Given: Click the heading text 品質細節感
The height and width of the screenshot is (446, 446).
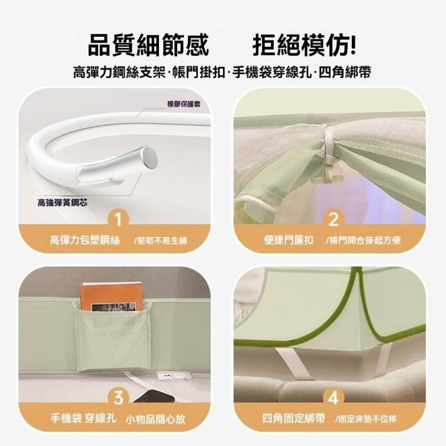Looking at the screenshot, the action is pyautogui.click(x=148, y=45).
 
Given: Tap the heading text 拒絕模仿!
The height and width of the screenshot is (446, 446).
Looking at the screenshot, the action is pyautogui.click(x=304, y=45).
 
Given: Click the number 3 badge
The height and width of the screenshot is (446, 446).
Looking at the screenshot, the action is pyautogui.click(x=118, y=398).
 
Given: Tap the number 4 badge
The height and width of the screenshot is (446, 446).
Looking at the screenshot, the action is pyautogui.click(x=333, y=398).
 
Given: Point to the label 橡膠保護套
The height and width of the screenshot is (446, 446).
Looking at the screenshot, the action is pyautogui.click(x=184, y=104).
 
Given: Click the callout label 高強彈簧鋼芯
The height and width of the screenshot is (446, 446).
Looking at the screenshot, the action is pyautogui.click(x=63, y=203).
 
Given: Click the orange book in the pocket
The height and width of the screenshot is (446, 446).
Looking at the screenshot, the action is pyautogui.click(x=111, y=296).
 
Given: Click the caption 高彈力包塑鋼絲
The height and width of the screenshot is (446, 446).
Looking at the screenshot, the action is pyautogui.click(x=85, y=240).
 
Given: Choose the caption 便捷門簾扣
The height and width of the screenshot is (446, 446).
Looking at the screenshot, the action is pyautogui.click(x=289, y=240).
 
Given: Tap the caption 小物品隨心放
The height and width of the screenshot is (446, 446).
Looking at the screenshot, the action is pyautogui.click(x=155, y=419).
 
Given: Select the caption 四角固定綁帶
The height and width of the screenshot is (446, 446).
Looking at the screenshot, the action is pyautogui.click(x=293, y=418).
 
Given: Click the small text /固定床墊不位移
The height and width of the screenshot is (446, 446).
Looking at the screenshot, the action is pyautogui.click(x=366, y=419).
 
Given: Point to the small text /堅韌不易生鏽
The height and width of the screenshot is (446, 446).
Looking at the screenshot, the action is pyautogui.click(x=161, y=241).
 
